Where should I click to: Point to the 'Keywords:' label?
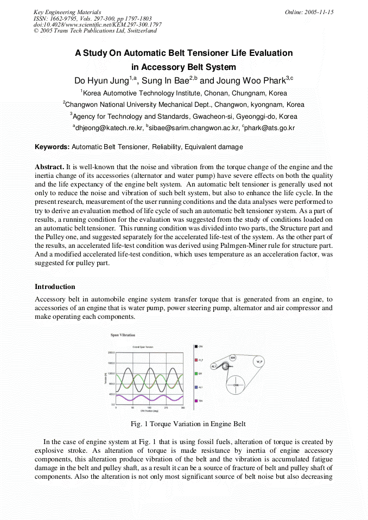point(52,147)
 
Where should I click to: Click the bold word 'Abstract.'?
point(49,167)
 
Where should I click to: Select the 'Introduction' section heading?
point(55,286)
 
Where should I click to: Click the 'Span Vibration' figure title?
point(123,335)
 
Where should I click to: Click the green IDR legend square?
point(195,374)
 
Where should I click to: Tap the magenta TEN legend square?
point(195,401)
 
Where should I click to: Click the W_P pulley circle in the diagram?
point(259,361)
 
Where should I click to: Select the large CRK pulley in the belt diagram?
point(236,384)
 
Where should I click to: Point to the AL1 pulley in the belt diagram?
point(214,366)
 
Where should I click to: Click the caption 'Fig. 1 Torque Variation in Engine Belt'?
point(183,423)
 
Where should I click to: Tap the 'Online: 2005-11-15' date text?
point(309,12)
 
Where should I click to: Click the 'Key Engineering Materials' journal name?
point(67,12)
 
